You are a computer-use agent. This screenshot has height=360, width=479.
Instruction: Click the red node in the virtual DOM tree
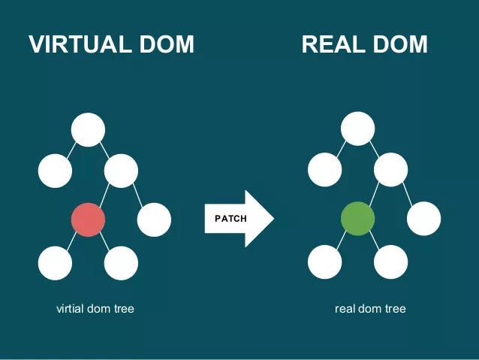88,219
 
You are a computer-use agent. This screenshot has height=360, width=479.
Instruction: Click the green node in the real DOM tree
357,219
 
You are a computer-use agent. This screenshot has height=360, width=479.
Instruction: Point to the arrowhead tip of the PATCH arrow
273,219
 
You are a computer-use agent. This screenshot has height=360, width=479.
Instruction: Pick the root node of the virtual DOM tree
88,129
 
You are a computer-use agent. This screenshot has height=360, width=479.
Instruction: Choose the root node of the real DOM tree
357,129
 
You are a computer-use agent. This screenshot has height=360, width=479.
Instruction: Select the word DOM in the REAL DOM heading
398,44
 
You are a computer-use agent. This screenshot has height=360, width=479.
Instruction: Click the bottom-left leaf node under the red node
55,263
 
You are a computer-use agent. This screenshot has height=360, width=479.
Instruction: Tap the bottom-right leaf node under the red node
121,263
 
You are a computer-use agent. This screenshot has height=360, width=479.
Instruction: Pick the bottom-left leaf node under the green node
324,263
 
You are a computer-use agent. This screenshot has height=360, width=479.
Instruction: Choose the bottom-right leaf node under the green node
390,263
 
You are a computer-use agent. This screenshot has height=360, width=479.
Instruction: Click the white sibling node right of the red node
154,219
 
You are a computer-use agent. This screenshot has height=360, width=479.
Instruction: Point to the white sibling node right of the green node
423,219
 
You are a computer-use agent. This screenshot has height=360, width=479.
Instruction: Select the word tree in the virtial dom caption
123,308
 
